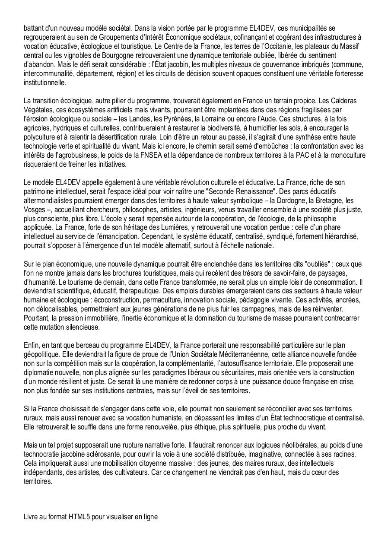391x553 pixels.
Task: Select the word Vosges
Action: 35,210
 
